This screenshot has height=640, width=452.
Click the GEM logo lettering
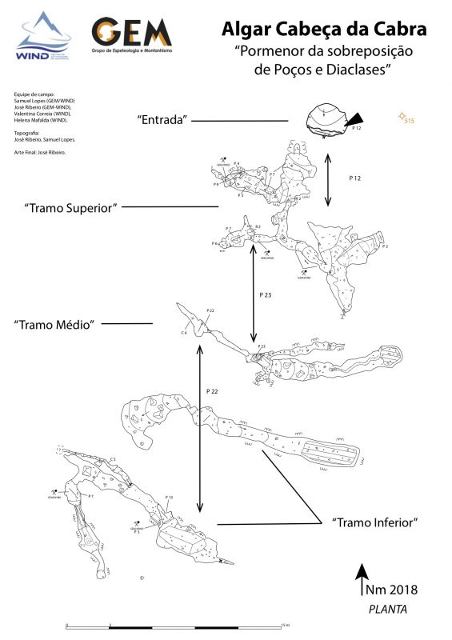pyautogui.click(x=132, y=32)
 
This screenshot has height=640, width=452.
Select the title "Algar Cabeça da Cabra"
pyautogui.click(x=323, y=30)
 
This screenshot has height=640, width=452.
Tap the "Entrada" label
pyautogui.click(x=162, y=120)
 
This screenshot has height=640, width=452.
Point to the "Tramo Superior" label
pyautogui.click(x=71, y=207)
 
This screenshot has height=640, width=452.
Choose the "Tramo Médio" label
pyautogui.click(x=54, y=324)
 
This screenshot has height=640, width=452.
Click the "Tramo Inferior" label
pyautogui.click(x=375, y=522)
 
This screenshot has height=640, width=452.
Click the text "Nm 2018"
pyautogui.click(x=392, y=590)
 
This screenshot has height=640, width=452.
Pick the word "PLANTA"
pyautogui.click(x=387, y=609)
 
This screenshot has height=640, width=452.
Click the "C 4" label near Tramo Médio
pyautogui.click(x=184, y=331)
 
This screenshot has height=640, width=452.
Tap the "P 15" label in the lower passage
pyautogui.click(x=170, y=498)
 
